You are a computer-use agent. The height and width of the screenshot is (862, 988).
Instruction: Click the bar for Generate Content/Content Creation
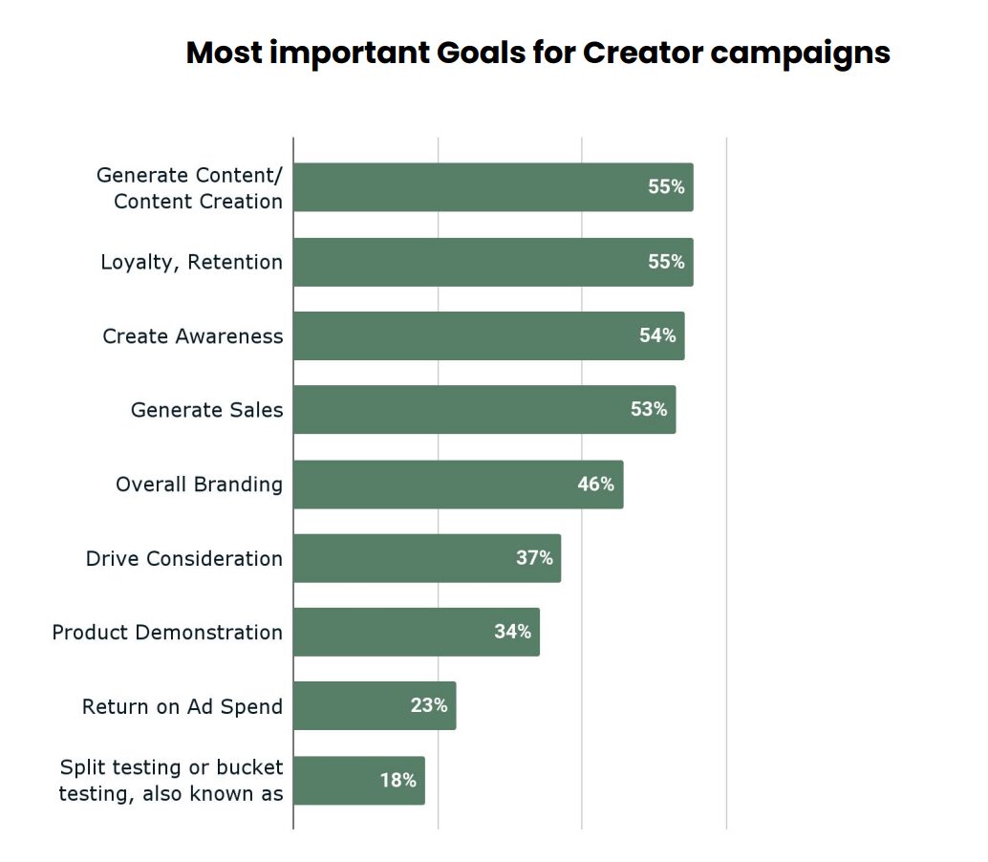pyautogui.click(x=492, y=187)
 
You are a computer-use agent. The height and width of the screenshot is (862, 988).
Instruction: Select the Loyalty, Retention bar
pyautogui.click(x=492, y=262)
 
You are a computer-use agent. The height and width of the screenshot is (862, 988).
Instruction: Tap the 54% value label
pyautogui.click(x=657, y=335)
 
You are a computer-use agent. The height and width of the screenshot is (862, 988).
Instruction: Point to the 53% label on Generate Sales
pyautogui.click(x=648, y=409)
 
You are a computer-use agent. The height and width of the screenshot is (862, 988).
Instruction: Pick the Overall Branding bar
pyautogui.click(x=458, y=485)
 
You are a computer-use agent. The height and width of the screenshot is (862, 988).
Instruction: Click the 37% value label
pyautogui.click(x=534, y=558)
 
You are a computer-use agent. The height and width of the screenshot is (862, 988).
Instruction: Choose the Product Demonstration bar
pyautogui.click(x=416, y=632)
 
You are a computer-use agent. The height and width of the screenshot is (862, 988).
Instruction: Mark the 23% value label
pyautogui.click(x=429, y=705)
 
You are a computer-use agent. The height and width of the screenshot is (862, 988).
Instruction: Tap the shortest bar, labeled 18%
pyautogui.click(x=358, y=780)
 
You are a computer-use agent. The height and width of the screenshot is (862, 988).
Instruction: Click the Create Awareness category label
pyautogui.click(x=193, y=336)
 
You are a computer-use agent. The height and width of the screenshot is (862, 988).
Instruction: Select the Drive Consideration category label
pyautogui.click(x=184, y=558)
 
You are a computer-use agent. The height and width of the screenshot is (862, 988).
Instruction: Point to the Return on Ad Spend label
pyautogui.click(x=183, y=706)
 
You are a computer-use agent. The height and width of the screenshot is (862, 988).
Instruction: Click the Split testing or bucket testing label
pyautogui.click(x=171, y=780)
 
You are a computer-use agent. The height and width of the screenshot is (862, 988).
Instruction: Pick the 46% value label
pyautogui.click(x=595, y=485)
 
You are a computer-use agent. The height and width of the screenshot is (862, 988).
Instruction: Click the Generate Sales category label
pyautogui.click(x=207, y=410)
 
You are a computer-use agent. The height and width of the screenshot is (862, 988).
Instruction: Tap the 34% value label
pyautogui.click(x=512, y=632)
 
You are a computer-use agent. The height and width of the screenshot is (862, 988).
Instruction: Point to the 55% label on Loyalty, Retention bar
pyautogui.click(x=666, y=262)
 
